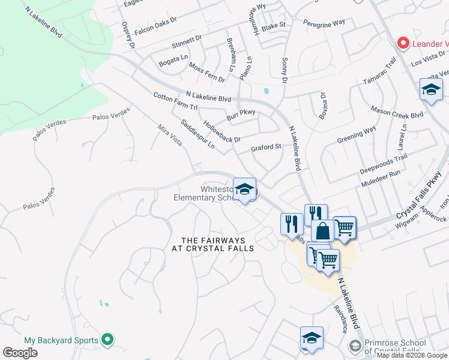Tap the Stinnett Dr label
pyautogui.click(x=187, y=42)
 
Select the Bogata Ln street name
pyautogui.click(x=173, y=62)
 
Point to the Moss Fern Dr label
pyautogui.click(x=206, y=72)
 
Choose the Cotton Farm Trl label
pyautogui.click(x=175, y=101)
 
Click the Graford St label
pyautogui.click(x=266, y=147)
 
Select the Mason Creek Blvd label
pyautogui.click(x=397, y=113)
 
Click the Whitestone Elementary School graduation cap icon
pyautogui.click(x=244, y=190)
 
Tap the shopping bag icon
pyautogui.click(x=322, y=230)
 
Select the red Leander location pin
pyautogui.click(x=403, y=43)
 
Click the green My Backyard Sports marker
pyautogui.click(x=107, y=340)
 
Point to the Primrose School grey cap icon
pyautogui.click(x=355, y=346)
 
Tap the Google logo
pyautogui.click(x=20, y=353)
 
